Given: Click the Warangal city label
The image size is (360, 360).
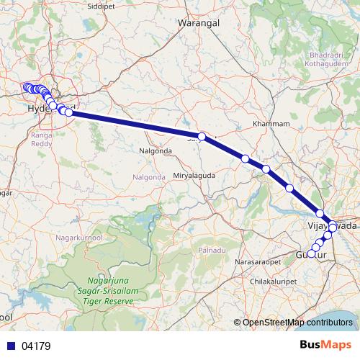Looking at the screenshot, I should point(199,22).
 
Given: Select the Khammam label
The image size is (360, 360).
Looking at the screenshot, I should point(271,124).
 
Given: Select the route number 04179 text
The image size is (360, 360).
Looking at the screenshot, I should point(36,346).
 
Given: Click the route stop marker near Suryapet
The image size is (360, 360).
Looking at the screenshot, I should point(202,136).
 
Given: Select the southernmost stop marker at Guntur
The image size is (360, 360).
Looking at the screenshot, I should point(311,253).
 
